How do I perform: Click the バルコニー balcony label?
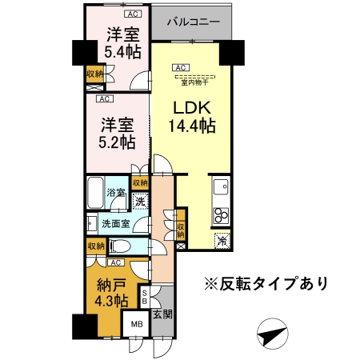point(194,22)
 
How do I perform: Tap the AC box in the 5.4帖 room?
point(133,14)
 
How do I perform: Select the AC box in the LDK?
point(181,68)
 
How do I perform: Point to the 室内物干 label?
point(194,82)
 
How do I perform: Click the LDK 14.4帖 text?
point(192,117)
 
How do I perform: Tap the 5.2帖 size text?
point(117,142)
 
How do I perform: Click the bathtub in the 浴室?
point(95,193)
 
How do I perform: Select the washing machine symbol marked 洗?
point(141,201)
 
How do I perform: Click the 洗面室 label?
point(116,224)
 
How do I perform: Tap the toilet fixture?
point(119,246)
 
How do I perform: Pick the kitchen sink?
point(221,186)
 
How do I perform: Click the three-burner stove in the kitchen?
point(221,215)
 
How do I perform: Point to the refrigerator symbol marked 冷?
point(222,241)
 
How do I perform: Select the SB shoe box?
point(145,297)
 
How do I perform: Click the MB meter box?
point(137,324)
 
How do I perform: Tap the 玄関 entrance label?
point(162,314)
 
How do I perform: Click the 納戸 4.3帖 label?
point(112,293)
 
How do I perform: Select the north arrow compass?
point(273,334)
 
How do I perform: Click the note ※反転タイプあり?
point(266,283)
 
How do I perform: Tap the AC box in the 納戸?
point(116,262)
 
